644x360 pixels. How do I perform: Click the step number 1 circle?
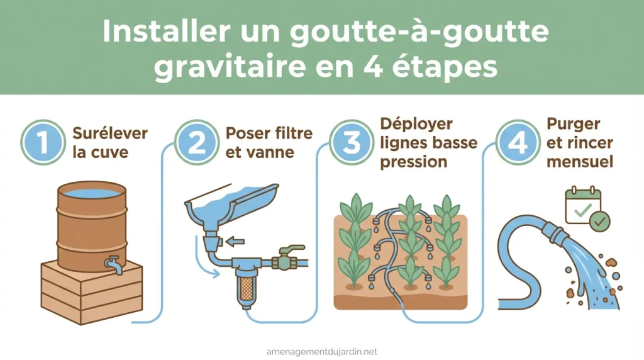click(x=42, y=143)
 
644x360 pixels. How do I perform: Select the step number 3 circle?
click(x=351, y=143)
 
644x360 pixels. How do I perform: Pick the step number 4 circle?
click(x=518, y=143)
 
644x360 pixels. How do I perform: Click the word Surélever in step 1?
click(x=110, y=133)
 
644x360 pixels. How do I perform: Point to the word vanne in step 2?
click(x=265, y=152)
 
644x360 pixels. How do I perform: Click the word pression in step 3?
click(x=413, y=162)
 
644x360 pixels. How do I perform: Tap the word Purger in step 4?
click(x=573, y=123)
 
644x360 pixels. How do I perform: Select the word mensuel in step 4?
click(x=580, y=162)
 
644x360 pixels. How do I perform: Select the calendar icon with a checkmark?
click(x=583, y=205)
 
